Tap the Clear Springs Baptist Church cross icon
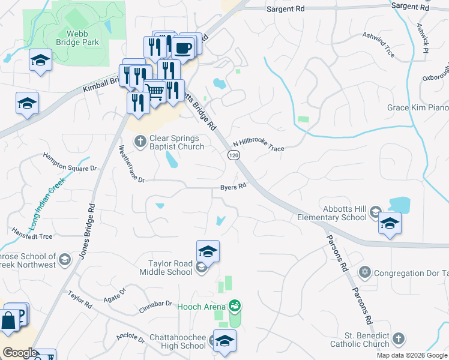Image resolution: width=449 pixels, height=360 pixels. coord(140,141)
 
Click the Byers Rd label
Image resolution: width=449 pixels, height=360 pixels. coord(234,187)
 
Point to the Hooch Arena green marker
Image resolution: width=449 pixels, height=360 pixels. coord(235,306)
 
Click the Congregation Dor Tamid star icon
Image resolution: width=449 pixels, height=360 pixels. coord(363,273)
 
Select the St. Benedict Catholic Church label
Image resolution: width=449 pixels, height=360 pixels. coord(360,340)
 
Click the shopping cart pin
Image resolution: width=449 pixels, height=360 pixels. coord(155,91)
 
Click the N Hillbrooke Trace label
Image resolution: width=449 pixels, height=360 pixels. coord(258,146)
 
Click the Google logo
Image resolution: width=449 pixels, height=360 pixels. coord(20,353)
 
